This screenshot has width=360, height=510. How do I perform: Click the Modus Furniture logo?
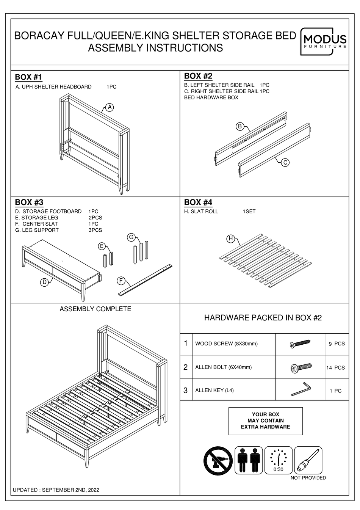tap(324, 42)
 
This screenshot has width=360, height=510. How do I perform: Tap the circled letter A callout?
tap(110, 107)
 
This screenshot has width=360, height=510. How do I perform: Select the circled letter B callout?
tap(240, 127)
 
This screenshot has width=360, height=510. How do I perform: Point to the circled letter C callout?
tap(285, 162)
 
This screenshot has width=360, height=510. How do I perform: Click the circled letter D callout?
tap(44, 282)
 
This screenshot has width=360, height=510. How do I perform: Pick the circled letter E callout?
tap(102, 246)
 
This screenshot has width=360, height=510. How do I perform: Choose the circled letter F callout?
tap(121, 281)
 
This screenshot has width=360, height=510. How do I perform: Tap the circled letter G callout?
tap(131, 237)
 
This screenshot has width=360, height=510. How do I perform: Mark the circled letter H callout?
tap(230, 239)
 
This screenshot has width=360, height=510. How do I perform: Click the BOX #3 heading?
tap(29, 202)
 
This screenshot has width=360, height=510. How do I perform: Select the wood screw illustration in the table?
tap(300, 344)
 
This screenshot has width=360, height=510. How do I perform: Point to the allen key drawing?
tap(301, 389)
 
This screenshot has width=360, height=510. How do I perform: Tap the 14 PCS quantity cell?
tap(335, 367)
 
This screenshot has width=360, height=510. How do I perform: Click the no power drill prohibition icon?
tap(218, 460)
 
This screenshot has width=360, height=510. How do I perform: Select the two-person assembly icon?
tap(249, 460)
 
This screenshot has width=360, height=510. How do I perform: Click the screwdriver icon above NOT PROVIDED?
tap(308, 460)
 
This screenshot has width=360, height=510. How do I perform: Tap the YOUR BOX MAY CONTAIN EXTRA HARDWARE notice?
tap(265, 421)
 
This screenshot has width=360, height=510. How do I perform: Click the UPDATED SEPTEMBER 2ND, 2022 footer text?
tap(56, 490)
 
